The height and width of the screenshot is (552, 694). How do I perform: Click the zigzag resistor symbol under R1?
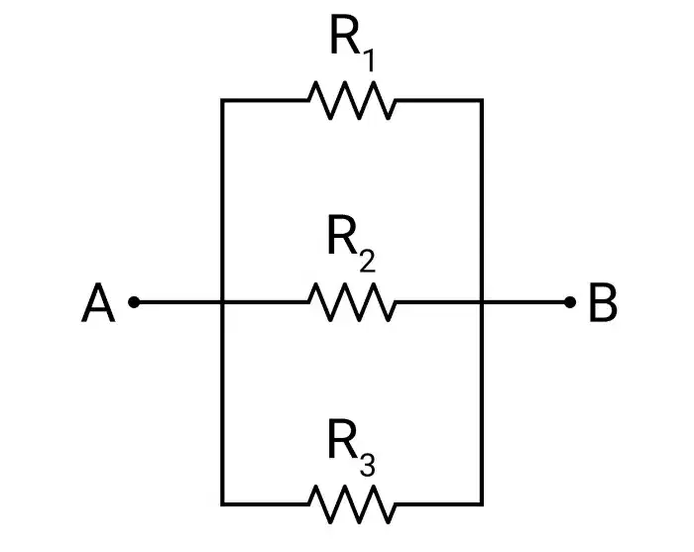click(x=352, y=100)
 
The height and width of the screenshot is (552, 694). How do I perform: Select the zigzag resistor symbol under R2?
click(x=352, y=302)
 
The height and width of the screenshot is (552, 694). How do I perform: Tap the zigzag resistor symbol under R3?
click(x=352, y=503)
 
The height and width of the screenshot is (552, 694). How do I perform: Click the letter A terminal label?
click(x=98, y=303)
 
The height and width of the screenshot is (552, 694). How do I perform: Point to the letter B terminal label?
click(x=603, y=303)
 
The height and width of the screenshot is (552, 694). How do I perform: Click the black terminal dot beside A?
click(x=134, y=302)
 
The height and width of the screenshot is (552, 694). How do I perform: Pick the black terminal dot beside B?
click(x=570, y=302)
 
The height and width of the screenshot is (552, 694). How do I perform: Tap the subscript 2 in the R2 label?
click(x=368, y=262)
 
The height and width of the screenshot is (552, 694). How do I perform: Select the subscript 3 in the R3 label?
click(x=368, y=465)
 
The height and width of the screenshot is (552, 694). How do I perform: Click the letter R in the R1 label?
click(x=344, y=35)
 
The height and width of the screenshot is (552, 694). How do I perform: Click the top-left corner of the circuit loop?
click(x=222, y=100)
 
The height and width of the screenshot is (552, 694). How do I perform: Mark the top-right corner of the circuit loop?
click(x=482, y=100)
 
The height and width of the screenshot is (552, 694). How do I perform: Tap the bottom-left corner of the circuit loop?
click(x=222, y=503)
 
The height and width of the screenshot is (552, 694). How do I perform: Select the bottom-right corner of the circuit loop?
click(x=482, y=503)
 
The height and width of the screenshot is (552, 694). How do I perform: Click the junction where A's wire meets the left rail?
click(x=222, y=302)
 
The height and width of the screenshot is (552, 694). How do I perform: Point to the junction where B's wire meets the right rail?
click(x=482, y=302)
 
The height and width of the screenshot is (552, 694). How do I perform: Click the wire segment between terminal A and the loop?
click(x=177, y=302)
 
